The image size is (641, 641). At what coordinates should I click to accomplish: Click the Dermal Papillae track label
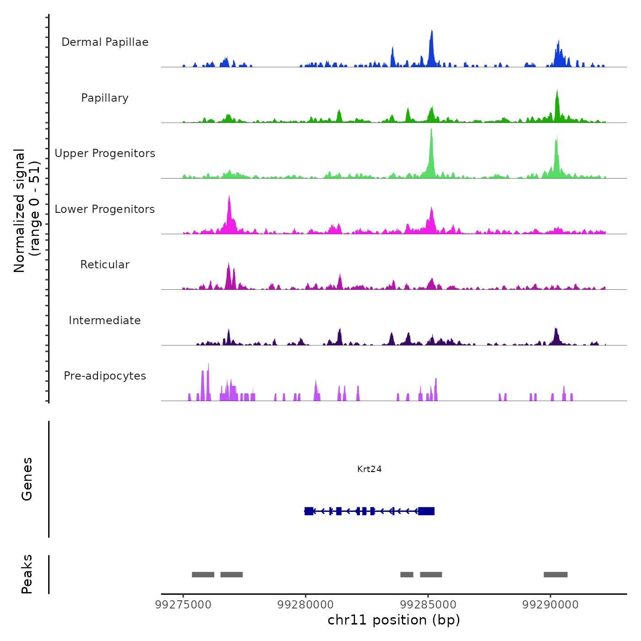[x=105, y=42]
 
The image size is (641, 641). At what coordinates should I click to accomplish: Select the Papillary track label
[x=105, y=98]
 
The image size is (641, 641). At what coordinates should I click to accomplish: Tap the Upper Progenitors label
[x=105, y=153]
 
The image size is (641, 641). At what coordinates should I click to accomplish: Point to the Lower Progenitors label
[x=105, y=209]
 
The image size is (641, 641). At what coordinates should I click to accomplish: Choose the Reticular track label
[x=105, y=265]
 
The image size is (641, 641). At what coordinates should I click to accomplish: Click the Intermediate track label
[x=105, y=320]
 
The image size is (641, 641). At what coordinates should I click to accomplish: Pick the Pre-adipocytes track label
[x=105, y=376]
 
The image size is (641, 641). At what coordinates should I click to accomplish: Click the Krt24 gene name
[x=369, y=469]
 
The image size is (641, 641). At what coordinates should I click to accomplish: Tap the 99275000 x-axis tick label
[x=183, y=604]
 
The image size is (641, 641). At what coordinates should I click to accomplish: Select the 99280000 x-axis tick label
[x=306, y=604]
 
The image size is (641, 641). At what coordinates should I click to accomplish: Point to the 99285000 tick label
[x=428, y=604]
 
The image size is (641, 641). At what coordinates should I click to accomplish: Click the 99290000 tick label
[x=550, y=604]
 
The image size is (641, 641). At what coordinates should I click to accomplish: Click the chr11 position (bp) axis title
[x=394, y=620]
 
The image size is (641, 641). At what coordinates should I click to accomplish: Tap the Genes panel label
[x=27, y=479]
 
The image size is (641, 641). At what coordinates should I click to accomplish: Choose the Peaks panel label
[x=27, y=574]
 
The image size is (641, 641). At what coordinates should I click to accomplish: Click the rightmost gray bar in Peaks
[x=555, y=575]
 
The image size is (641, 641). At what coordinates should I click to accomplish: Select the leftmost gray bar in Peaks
[x=203, y=575]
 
